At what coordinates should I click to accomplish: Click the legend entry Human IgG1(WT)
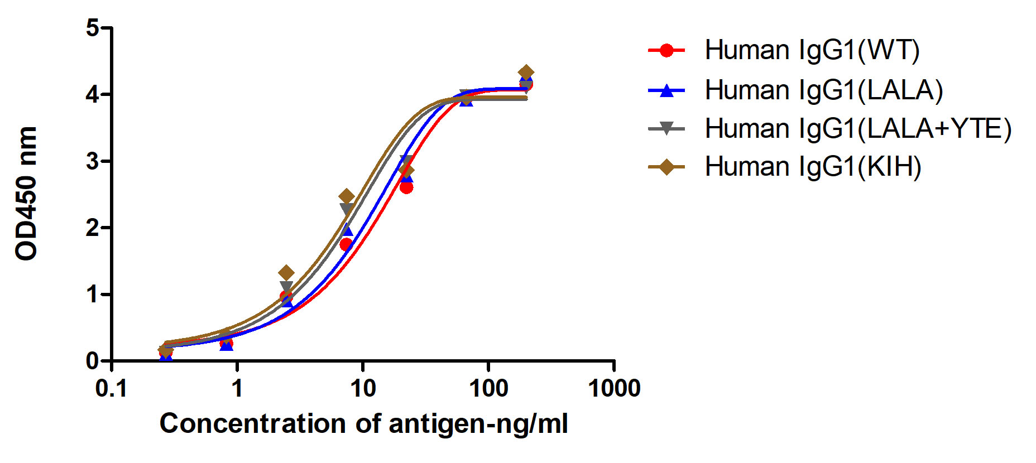point(812,50)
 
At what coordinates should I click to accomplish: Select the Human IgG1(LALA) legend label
point(823,90)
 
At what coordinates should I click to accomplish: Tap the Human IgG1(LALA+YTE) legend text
point(857,129)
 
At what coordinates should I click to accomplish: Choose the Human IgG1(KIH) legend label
point(813,167)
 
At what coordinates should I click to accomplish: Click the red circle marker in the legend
point(666,51)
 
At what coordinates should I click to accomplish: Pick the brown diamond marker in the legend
point(666,167)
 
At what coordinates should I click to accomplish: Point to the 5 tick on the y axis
point(92,28)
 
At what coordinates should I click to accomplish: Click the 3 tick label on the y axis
point(92,162)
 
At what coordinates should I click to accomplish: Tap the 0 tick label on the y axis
point(92,361)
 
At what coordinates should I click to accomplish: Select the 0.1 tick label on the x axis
point(112,388)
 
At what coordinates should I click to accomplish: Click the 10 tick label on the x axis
point(363,388)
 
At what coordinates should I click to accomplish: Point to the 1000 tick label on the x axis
point(614,388)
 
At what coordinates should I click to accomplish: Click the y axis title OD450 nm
point(26,194)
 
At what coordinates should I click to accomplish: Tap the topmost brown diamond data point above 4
point(525,73)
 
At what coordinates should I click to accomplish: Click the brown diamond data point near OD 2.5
point(347,196)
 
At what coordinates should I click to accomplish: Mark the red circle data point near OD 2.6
point(406,187)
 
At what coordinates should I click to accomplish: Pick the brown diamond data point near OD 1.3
point(286,273)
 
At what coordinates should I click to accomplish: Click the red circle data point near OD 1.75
point(346,244)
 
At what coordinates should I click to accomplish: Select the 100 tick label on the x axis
point(488,388)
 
